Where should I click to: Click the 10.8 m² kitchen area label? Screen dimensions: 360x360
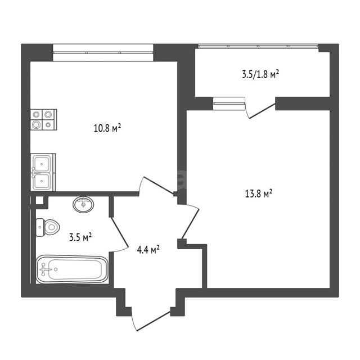pos(107,128)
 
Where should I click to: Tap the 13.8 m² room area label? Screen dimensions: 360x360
pos(259,193)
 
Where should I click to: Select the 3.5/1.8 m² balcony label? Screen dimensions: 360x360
pos(260,74)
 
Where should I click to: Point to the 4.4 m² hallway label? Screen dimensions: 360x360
pos(148,249)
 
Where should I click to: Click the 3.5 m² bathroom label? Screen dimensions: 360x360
pos(80,237)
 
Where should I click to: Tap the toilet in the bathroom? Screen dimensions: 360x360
pos(48,227)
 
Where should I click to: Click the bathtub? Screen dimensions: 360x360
pos(72,269)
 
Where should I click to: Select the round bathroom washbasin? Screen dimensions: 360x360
pos(83,205)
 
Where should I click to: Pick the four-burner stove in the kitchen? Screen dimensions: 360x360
pos(44,120)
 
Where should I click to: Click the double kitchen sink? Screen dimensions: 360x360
pos(43,172)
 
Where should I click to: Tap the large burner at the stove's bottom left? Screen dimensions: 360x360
pos(36,125)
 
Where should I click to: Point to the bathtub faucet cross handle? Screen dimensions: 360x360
pos(44,269)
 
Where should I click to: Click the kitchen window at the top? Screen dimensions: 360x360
pos(103,52)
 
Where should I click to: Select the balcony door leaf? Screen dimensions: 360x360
pos(262,111)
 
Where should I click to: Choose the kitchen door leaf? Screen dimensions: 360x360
pos(159,186)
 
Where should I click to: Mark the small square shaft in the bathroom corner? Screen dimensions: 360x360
pos(39,200)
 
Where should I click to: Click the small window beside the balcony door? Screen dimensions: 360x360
pos(229,103)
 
